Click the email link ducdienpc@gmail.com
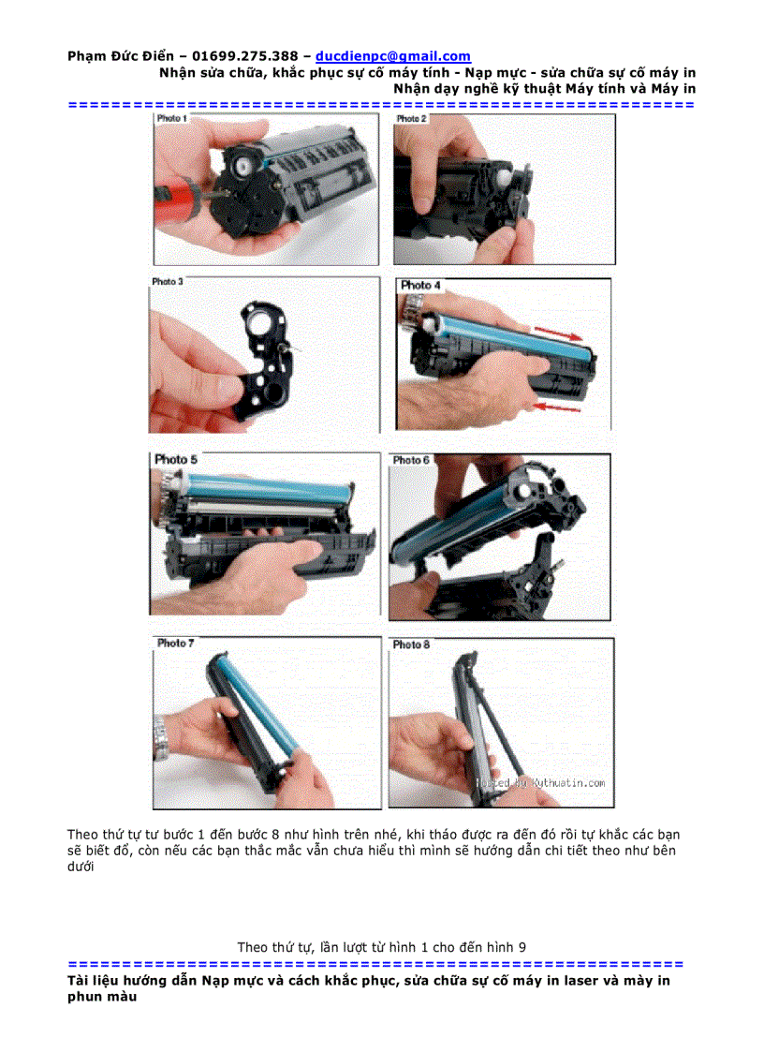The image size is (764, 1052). (393, 57)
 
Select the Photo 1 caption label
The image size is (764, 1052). (171, 120)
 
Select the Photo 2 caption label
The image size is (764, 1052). (411, 120)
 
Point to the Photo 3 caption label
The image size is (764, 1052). (168, 281)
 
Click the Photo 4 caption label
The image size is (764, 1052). (420, 285)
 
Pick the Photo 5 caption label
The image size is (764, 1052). (176, 460)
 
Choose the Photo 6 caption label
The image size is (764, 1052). (411, 460)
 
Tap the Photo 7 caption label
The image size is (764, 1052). (175, 644)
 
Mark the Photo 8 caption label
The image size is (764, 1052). (411, 645)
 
